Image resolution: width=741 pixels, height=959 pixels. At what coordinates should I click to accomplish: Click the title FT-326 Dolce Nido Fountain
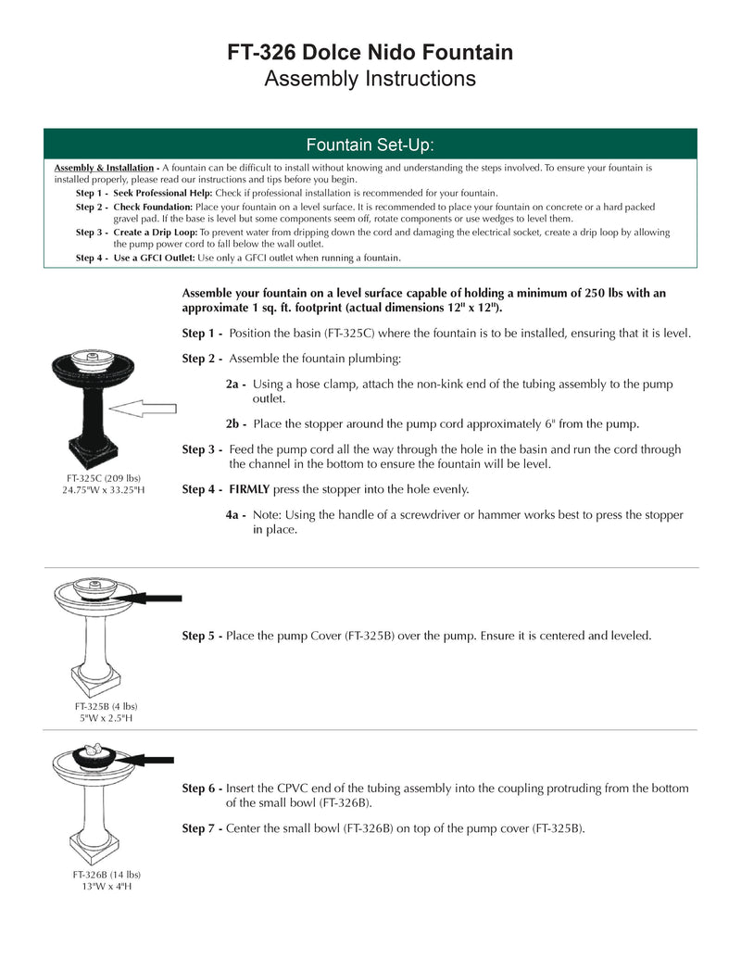coord(370,53)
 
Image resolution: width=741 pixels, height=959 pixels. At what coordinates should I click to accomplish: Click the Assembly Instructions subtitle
coord(370,79)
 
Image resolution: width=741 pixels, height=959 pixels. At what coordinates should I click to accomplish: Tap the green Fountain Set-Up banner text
coord(370,145)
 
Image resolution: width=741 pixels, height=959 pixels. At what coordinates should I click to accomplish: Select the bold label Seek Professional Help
coord(162,192)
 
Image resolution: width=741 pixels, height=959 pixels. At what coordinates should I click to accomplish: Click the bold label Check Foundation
coord(153,206)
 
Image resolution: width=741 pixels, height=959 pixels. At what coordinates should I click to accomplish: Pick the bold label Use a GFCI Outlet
coord(154,258)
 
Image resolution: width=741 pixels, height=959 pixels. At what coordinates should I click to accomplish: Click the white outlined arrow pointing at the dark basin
coord(148,406)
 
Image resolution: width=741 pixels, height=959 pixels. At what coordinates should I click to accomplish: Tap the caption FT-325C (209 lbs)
coord(102,478)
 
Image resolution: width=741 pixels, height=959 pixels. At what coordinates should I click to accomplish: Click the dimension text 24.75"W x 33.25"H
coord(102,490)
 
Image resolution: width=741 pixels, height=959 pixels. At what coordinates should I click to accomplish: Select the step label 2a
coord(235,384)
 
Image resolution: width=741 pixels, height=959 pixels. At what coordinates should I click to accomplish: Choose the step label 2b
coord(235,424)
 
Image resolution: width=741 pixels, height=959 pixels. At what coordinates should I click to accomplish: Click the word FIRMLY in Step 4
coord(250,489)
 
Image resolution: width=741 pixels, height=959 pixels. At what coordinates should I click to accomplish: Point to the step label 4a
coord(235,515)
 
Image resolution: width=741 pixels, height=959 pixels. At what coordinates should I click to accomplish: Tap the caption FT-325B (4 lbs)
coord(106,706)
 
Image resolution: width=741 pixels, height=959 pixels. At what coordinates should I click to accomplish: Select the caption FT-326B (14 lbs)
coord(107,874)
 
